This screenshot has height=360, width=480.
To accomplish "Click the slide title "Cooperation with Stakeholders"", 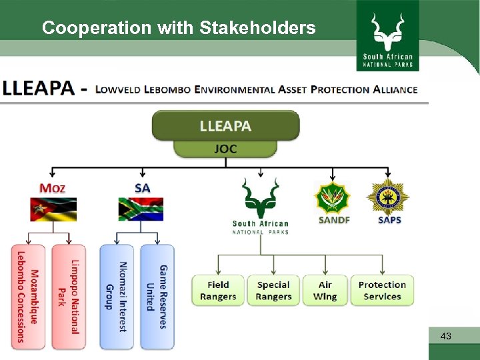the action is (x=178, y=28).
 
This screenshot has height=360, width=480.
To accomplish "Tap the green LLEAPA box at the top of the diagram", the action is (x=225, y=125).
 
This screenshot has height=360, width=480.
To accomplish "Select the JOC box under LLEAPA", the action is (x=225, y=149).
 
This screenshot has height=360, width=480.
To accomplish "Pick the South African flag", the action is (x=141, y=209).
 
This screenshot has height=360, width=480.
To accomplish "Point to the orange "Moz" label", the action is (x=53, y=188).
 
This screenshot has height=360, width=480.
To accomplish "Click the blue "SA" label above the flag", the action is (x=142, y=188).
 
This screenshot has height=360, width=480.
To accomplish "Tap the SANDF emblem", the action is (x=333, y=197).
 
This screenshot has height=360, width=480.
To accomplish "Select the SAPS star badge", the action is (x=389, y=196).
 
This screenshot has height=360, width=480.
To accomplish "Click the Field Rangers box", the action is (x=218, y=291).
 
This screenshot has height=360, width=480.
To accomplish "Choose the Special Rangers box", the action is (x=273, y=291).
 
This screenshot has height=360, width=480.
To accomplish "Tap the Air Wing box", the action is (x=325, y=291).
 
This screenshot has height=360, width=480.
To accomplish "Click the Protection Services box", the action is (x=382, y=291).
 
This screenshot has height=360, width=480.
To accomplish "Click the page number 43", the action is (x=446, y=337).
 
